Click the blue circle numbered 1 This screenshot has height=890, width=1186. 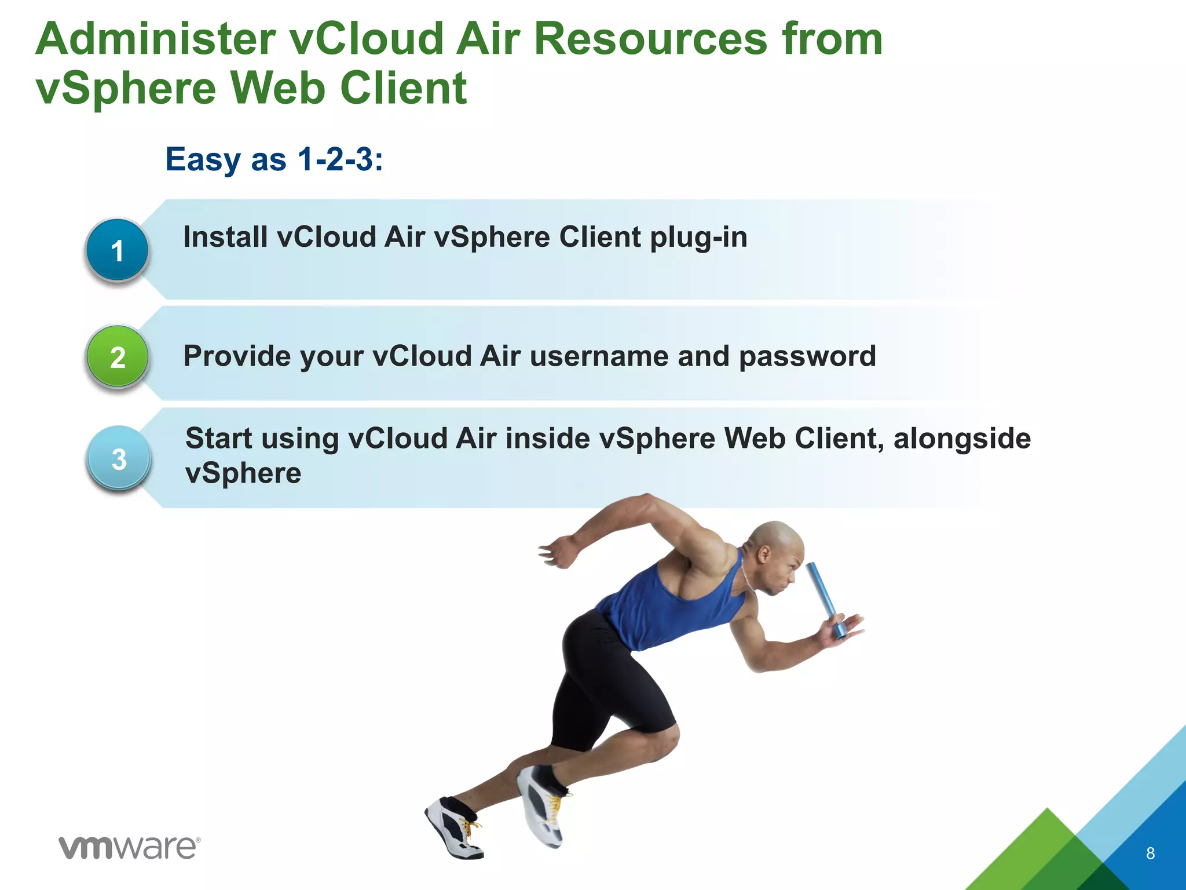(118, 250)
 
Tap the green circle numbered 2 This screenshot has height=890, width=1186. (118, 356)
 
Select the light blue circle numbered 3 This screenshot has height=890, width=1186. (119, 459)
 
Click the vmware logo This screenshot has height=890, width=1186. (130, 848)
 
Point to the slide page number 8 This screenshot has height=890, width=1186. (1150, 853)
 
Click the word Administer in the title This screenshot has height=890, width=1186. (155, 39)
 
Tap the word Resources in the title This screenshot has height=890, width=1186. (650, 39)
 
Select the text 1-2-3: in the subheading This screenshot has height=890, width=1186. (340, 159)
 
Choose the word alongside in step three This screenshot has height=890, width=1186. (962, 439)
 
